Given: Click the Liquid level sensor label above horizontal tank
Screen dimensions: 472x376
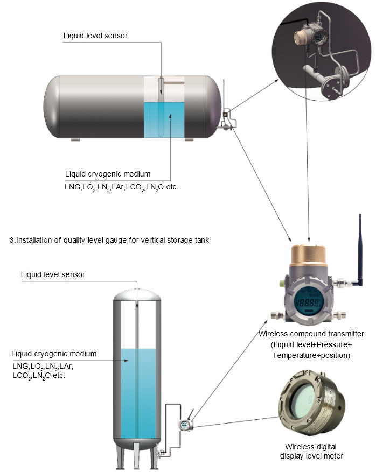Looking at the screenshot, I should [x=95, y=36].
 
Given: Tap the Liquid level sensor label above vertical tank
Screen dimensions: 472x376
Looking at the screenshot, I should [x=53, y=274].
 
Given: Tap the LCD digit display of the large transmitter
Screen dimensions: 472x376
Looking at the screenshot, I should [x=309, y=301].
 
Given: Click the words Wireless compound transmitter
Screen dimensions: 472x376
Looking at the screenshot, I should [x=311, y=334].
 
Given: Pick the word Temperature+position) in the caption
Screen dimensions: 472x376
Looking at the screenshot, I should [x=311, y=355].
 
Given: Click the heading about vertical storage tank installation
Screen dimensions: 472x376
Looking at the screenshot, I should [x=109, y=240].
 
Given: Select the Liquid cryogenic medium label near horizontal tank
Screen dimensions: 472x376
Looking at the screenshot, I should [x=107, y=174].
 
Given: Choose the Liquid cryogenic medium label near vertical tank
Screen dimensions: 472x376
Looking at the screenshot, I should [x=54, y=354].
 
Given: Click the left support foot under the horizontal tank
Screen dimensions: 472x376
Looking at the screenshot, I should [x=75, y=139].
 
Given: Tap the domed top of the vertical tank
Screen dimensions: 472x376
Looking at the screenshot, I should [x=137, y=293].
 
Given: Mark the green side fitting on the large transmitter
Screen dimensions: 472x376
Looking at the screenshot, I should [x=282, y=281].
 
